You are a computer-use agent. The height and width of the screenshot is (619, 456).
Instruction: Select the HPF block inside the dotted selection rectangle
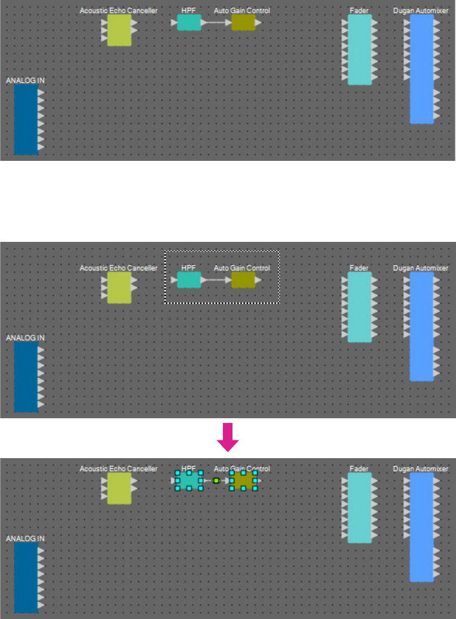189,280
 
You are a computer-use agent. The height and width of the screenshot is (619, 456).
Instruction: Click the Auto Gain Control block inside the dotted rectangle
243,280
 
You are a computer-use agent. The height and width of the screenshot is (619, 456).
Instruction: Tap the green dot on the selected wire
216,480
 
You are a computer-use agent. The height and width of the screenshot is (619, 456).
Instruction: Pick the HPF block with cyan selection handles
189,480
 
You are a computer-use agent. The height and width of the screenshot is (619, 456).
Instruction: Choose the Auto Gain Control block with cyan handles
243,480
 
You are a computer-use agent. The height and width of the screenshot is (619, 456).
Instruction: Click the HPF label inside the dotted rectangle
188,268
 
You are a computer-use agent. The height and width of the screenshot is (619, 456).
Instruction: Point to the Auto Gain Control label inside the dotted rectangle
242,268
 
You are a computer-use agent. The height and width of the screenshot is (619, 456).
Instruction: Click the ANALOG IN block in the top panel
26,119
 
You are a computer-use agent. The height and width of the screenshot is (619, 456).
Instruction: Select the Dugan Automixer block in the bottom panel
421,527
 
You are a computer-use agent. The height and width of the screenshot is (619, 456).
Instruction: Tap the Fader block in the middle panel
359,307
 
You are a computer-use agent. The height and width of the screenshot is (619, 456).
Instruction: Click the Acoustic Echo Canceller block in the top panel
119,30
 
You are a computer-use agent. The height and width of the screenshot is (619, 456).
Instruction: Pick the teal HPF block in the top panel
189,23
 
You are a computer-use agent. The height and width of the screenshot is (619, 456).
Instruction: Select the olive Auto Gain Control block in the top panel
243,23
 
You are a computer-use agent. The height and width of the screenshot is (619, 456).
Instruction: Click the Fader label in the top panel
359,11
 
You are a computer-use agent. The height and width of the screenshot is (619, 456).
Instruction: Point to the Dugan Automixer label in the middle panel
421,268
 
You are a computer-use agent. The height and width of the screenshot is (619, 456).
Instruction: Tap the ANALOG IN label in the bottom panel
25,538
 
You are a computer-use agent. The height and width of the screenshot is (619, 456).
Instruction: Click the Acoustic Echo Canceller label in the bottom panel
119,469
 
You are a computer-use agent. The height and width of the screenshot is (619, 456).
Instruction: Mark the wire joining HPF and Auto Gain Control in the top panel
216,23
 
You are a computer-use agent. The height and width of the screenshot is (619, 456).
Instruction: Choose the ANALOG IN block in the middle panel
26,377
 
